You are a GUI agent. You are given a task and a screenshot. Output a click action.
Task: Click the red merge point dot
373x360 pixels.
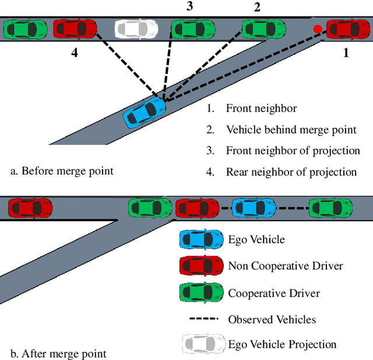click(317, 29)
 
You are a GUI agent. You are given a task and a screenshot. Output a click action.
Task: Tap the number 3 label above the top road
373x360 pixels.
click(189, 6)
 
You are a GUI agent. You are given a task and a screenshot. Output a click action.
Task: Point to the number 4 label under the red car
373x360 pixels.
click(74, 53)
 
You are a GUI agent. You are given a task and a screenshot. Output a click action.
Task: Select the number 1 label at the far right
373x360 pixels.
click(346, 53)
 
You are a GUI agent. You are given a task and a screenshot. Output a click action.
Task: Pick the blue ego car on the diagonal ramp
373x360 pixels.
click(145, 111)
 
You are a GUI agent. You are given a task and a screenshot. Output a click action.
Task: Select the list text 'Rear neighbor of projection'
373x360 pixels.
click(291, 172)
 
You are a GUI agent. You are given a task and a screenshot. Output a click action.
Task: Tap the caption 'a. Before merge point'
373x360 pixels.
click(62, 171)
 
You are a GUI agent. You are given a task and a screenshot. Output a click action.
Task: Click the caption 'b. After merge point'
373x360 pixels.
click(59, 353)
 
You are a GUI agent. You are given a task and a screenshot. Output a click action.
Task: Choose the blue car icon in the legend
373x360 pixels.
click(201, 239)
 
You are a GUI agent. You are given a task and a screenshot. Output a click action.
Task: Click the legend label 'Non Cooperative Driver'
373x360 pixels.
click(285, 265)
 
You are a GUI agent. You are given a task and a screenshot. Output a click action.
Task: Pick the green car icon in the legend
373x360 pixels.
click(201, 292)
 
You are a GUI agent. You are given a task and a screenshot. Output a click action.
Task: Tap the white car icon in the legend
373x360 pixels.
click(201, 344)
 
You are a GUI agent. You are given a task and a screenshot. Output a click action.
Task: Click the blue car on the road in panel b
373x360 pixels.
click(253, 207)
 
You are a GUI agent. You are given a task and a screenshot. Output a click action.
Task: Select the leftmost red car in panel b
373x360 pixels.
click(30, 207)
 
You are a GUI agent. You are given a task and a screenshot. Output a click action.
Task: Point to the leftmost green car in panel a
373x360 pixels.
click(25, 28)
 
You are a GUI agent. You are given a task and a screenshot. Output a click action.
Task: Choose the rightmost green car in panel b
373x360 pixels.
click(330, 207)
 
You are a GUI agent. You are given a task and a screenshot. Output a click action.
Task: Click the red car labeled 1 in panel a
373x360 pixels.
click(348, 28)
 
